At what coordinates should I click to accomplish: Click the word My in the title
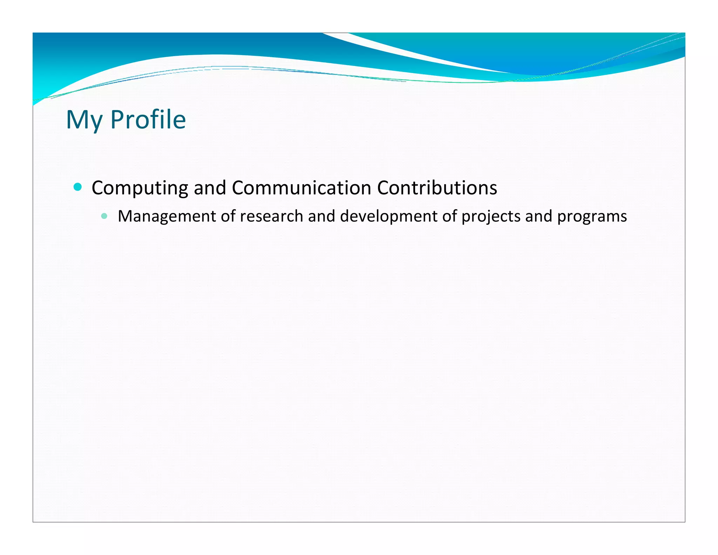[x=84, y=120]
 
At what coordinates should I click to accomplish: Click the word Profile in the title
[x=148, y=120]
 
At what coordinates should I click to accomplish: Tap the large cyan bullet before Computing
[x=78, y=187]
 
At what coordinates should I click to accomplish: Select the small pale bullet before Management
[x=104, y=216]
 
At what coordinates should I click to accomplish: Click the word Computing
[x=140, y=188]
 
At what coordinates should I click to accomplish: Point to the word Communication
[x=301, y=188]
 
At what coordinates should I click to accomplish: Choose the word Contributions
[x=437, y=188]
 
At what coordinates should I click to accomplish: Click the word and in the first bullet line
[x=210, y=188]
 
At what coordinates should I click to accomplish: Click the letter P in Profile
[x=117, y=120]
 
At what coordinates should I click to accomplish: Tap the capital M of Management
[x=125, y=216]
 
